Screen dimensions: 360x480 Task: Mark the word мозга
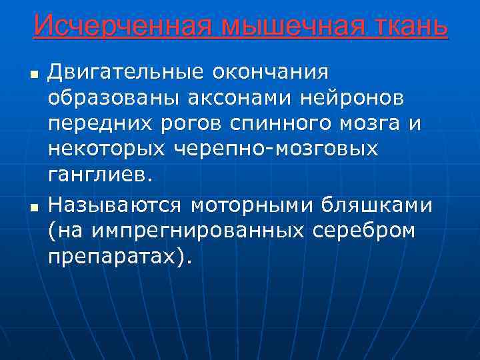[371, 125]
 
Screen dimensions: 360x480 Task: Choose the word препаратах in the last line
[114, 258]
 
